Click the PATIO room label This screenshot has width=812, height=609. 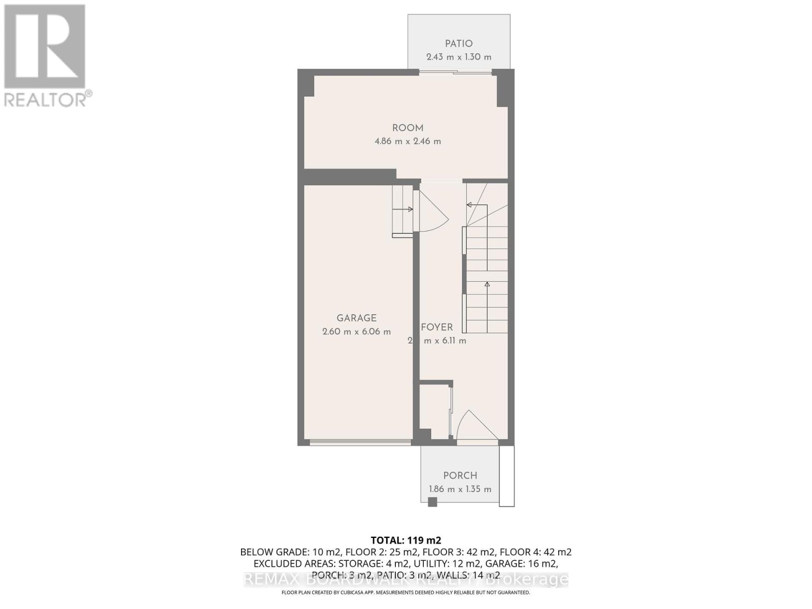coord(459,44)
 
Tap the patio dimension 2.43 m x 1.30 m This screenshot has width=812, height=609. coord(459,57)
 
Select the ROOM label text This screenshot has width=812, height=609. coord(408,128)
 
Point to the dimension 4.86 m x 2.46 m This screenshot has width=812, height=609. coord(408,141)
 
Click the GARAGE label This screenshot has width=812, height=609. coord(356,318)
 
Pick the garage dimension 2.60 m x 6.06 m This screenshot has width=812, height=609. coord(356,332)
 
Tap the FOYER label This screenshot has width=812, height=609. coord(436,327)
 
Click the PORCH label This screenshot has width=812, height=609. coord(460,476)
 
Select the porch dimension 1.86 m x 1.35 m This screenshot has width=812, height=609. coord(460,489)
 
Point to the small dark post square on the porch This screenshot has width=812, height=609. coord(432,502)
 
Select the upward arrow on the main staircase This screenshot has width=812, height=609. coord(487,285)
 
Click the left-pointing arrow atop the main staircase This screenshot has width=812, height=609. coord(470,205)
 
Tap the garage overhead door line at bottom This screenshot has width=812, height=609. coord(360,443)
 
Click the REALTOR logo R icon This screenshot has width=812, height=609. coord(45,47)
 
